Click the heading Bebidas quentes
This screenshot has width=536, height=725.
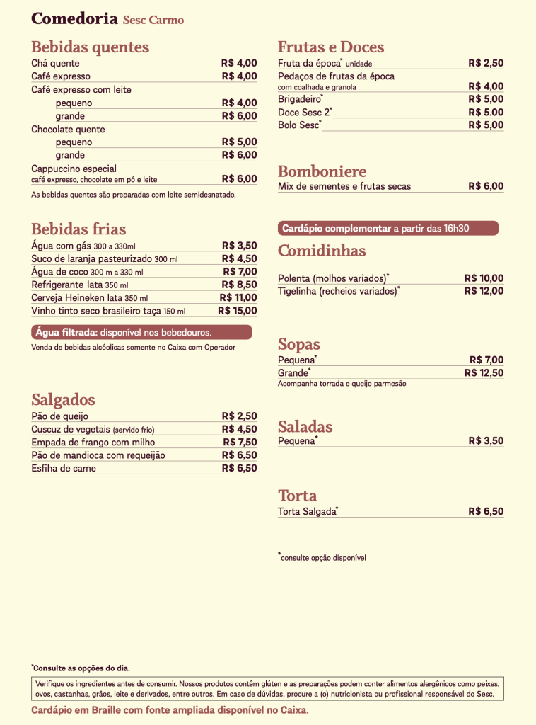90,47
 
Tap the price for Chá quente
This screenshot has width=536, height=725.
239,63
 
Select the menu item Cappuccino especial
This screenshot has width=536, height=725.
74,169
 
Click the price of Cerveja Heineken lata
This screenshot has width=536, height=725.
238,297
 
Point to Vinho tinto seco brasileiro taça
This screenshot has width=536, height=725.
97,311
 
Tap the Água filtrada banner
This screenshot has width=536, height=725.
141,332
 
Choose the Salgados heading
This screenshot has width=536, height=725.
63,399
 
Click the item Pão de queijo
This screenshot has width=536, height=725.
60,416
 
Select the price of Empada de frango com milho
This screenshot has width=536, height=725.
240,442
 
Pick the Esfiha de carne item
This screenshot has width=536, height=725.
64,468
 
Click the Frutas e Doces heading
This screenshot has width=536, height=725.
331,47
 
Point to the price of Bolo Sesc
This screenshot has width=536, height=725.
486,125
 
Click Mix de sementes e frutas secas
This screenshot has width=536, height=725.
344,186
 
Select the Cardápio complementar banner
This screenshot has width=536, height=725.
388,228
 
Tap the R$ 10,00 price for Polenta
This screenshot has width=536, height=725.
484,278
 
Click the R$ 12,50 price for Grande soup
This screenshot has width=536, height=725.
484,372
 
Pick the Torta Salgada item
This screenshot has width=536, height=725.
307,511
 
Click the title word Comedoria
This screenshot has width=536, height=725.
74,19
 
